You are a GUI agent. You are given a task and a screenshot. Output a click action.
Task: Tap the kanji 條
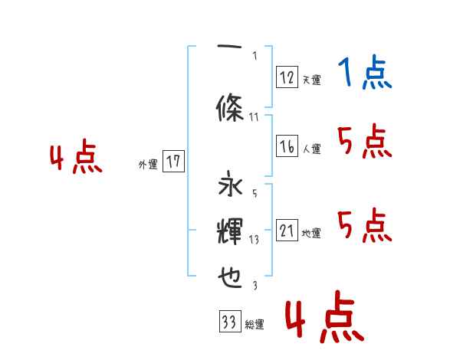[230, 110]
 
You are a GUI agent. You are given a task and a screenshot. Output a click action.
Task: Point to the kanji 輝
[230, 231]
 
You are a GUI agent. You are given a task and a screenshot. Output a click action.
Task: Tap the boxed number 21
[287, 231]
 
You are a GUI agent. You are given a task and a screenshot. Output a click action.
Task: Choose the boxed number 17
[173, 162]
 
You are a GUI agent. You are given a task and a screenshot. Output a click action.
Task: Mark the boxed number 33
[228, 322]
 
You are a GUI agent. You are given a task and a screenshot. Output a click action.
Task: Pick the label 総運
[254, 325]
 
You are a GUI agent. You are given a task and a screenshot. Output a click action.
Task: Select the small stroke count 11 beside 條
[255, 116]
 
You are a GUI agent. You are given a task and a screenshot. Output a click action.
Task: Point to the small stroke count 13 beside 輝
[255, 239]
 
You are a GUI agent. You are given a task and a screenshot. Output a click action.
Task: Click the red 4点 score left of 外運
[76, 159]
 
